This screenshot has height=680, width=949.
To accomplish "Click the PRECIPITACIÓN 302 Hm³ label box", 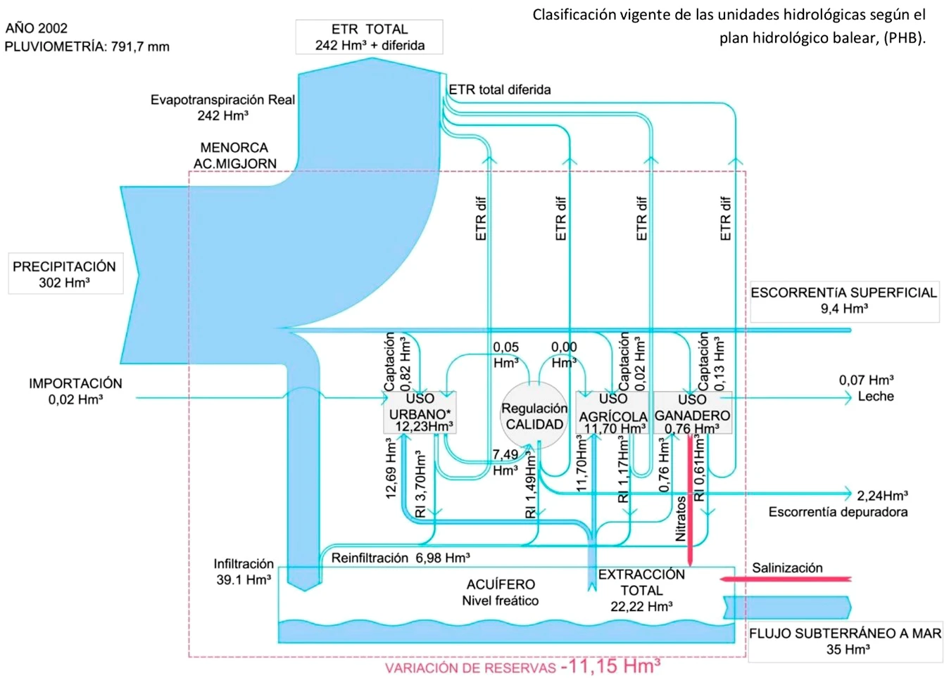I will (x=65, y=274).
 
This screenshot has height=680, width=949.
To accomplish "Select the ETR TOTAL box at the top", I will (x=369, y=37).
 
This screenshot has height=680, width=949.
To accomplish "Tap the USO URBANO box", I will (x=420, y=413).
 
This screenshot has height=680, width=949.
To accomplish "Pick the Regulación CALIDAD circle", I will (x=534, y=416).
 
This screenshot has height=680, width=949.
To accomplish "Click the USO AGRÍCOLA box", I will (x=612, y=413).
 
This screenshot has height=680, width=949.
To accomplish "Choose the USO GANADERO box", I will (x=693, y=413).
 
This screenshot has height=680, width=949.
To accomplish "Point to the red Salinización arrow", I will (x=786, y=579).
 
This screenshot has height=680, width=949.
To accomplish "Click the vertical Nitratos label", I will (x=681, y=519).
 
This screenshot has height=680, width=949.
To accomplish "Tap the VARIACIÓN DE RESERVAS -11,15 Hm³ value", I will (x=610, y=666).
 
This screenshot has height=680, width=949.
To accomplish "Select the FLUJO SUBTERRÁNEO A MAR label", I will (x=845, y=634).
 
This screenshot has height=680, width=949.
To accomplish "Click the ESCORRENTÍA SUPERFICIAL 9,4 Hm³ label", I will (x=843, y=300).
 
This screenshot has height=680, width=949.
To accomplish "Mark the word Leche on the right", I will (x=876, y=397).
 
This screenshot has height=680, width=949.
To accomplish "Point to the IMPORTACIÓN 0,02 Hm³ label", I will (x=75, y=391).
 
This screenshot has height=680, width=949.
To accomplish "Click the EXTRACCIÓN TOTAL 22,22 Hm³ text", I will (x=641, y=591).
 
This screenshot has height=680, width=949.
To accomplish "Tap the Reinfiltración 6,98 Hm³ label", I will (x=401, y=558).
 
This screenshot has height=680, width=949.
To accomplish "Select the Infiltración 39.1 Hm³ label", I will (x=244, y=572).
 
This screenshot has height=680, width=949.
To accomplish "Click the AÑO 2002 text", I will (x=37, y=28).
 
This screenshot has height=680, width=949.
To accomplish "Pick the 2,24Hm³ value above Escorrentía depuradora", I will (x=882, y=495).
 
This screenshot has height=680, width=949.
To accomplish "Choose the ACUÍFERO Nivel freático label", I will (x=501, y=592).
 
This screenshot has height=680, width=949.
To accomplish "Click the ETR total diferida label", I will (x=500, y=90).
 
